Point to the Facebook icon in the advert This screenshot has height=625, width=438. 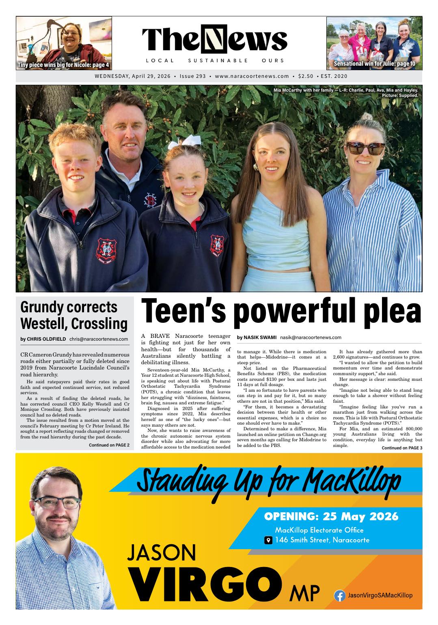(x=339, y=595)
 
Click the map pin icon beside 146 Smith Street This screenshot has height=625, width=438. (x=268, y=540)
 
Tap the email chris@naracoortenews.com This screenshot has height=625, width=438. (x=99, y=339)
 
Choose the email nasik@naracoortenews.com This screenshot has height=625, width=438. (x=311, y=337)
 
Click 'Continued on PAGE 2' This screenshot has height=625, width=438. (x=109, y=445)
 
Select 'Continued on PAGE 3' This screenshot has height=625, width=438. (x=402, y=448)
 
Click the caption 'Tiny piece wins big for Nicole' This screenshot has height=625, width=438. (x=63, y=65)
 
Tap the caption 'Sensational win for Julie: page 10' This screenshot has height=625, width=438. (x=374, y=64)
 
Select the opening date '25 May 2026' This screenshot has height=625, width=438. (x=360, y=517)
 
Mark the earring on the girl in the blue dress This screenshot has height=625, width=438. (x=256, y=167)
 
